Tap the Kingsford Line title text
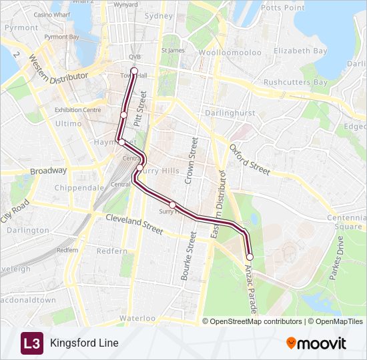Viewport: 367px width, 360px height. [x=84, y=343]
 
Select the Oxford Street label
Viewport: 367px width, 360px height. [x=250, y=159]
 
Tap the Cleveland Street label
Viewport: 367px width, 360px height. [x=134, y=224]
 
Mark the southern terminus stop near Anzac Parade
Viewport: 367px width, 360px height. [x=250, y=257]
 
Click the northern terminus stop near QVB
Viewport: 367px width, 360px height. [x=134, y=71]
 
